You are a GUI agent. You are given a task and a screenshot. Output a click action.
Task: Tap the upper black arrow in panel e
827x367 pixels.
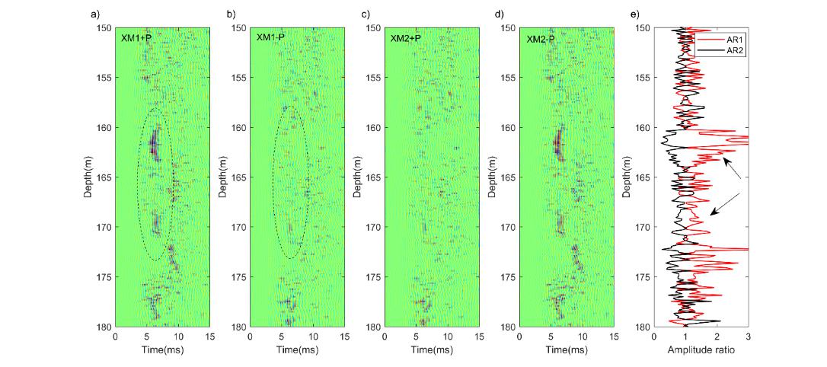click(733, 168)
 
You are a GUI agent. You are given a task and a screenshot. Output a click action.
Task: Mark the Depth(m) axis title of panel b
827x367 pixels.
click(225, 177)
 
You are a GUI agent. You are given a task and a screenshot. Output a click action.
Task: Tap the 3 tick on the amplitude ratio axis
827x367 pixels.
click(749, 335)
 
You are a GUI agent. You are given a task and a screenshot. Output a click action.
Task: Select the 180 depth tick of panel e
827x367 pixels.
click(642, 327)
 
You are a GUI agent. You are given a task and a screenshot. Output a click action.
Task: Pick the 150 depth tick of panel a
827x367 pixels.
click(103, 28)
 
